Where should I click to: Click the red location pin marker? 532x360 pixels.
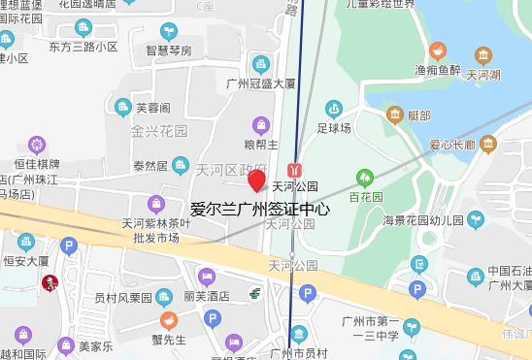(x=256, y=180)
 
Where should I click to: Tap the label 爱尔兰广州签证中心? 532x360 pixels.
(x=260, y=209)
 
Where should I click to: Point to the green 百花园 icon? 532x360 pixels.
(x=365, y=178)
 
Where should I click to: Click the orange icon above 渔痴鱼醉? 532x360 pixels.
(x=437, y=50)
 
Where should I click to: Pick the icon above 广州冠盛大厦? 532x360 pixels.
(x=260, y=64)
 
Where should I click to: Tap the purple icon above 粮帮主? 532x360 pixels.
(x=261, y=124)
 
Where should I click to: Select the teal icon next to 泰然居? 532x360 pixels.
(x=181, y=165)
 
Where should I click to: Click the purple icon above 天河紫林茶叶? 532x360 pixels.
(x=156, y=204)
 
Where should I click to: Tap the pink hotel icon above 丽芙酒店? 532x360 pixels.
(x=206, y=277)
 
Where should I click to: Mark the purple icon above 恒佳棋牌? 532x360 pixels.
(x=37, y=146)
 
